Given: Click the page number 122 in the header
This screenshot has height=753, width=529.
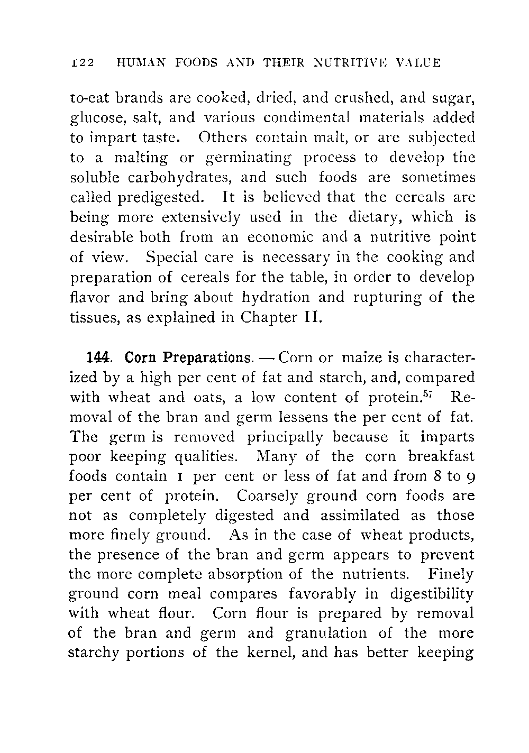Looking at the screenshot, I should tap(82, 63).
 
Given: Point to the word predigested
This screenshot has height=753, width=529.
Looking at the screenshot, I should tap(160, 198).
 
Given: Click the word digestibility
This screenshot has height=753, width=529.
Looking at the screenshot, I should tap(432, 594).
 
